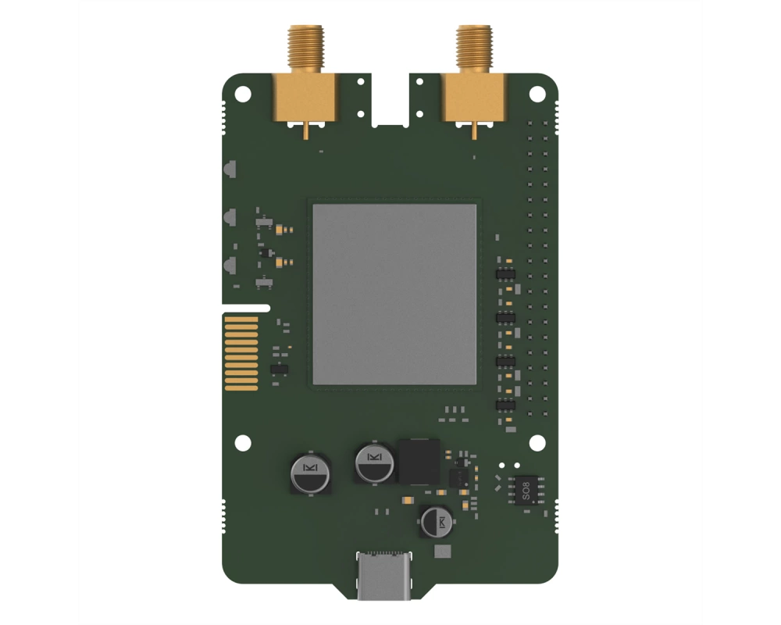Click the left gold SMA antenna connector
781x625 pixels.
coord(305,80)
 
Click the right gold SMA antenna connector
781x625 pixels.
coord(474,80)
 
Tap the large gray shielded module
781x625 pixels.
coord(394,294)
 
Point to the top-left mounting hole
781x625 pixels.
coord(243,94)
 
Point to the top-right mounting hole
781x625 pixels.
coord(537,94)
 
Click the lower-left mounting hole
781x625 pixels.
coord(243,443)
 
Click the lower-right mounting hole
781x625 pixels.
coord(537,443)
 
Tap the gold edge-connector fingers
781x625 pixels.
coord(241,353)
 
